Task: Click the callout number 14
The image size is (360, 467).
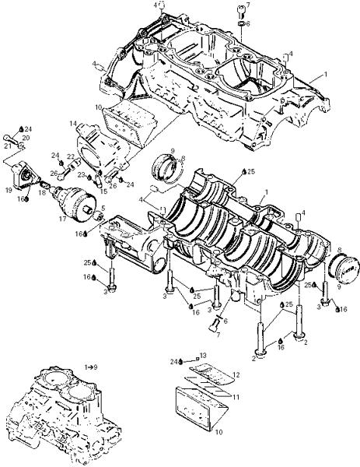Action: pyautogui.click(x=73, y=123)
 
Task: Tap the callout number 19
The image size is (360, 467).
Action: pyautogui.click(x=9, y=190)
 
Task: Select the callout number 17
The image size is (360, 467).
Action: pyautogui.click(x=62, y=219)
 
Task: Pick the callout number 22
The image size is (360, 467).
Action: pyautogui.click(x=71, y=156)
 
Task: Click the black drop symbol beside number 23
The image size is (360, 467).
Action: pyautogui.click(x=89, y=177)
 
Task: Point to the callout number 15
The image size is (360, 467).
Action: pyautogui.click(x=103, y=191)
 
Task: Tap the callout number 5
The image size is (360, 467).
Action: pyautogui.click(x=103, y=208)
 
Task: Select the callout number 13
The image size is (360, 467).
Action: pyautogui.click(x=203, y=356)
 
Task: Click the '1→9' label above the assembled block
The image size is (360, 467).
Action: pyautogui.click(x=91, y=367)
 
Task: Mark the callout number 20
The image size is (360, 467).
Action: pyautogui.click(x=26, y=137)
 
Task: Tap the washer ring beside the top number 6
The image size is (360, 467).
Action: pyautogui.click(x=241, y=24)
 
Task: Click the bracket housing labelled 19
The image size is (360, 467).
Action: pyautogui.click(x=24, y=176)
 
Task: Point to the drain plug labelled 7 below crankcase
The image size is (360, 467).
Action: pyautogui.click(x=213, y=325)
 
